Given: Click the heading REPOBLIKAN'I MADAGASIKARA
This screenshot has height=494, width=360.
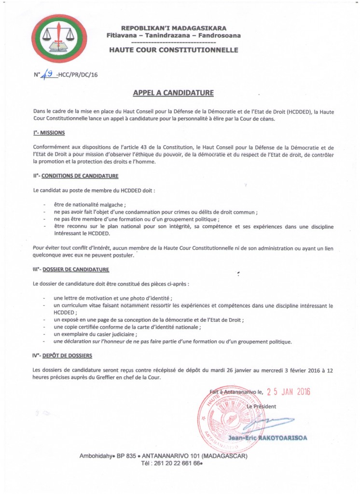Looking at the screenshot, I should click(173, 28).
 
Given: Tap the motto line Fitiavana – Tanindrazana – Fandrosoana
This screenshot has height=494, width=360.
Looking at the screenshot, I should click(173, 35).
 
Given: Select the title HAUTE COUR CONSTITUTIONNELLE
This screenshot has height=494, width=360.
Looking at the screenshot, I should click(173, 50).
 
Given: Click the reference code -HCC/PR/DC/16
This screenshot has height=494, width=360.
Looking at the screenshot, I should click(77, 75).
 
